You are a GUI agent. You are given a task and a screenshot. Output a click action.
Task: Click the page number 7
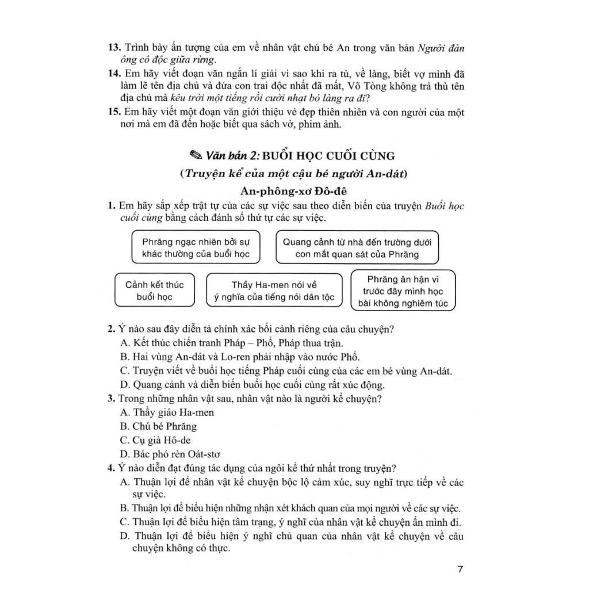click(459, 569)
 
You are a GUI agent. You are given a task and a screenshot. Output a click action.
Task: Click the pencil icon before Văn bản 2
click(196, 155)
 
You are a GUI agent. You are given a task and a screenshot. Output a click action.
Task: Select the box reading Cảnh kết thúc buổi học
click(154, 291)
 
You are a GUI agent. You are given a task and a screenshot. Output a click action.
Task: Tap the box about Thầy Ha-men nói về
click(274, 291)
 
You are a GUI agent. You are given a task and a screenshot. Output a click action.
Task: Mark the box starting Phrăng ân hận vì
click(403, 291)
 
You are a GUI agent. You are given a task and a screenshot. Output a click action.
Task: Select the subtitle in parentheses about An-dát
click(293, 174)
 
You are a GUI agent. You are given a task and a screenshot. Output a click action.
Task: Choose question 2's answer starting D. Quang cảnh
click(253, 385)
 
